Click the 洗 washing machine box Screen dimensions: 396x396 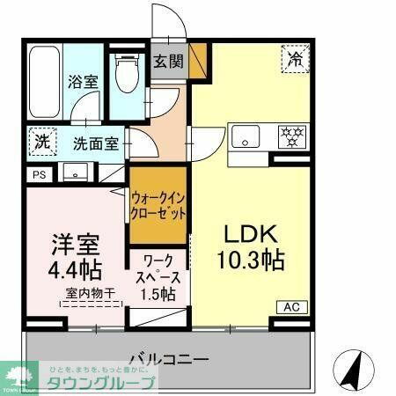(40, 141)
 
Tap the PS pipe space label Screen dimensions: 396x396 (38, 175)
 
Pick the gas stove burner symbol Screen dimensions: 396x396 (292, 136)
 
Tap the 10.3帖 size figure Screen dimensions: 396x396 (251, 260)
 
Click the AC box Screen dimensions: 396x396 (290, 307)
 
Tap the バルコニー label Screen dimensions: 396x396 (168, 359)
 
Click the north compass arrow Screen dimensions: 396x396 (354, 370)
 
